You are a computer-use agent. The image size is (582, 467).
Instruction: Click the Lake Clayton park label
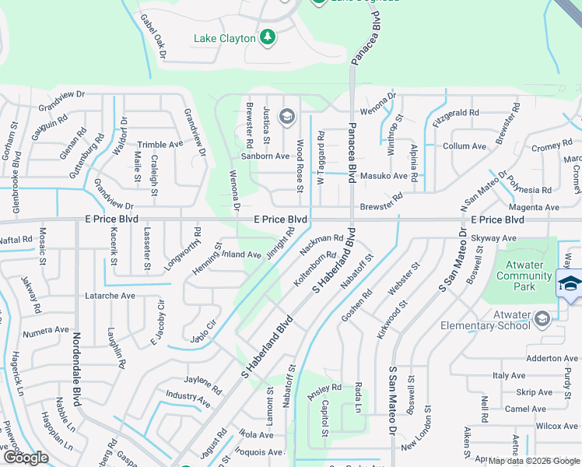tap(224, 38)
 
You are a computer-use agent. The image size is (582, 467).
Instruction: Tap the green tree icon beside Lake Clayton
tap(268, 37)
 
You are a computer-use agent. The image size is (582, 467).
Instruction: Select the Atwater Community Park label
tap(524, 276)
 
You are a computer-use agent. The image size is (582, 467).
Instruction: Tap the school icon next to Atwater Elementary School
tap(542, 318)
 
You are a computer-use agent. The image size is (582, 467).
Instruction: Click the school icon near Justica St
tap(286, 118)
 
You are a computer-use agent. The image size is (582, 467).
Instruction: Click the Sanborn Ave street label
tap(265, 156)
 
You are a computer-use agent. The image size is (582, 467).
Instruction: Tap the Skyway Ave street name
tap(493, 238)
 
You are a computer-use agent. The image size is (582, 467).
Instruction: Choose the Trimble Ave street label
tap(160, 145)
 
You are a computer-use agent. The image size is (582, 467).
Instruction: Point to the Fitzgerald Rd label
tap(456, 114)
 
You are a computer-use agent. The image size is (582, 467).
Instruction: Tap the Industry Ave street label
tap(188, 400)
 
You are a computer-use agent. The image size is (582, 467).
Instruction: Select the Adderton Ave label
tap(552, 358)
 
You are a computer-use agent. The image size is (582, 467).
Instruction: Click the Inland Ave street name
tap(241, 254)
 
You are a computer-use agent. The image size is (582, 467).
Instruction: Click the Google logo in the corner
tap(26, 458)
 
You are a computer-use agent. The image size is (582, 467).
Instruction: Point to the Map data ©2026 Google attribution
tap(533, 460)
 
